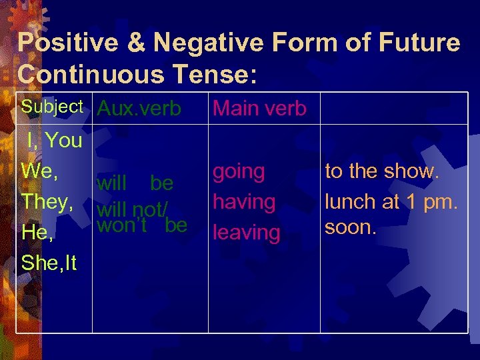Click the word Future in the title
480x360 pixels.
tap(417, 43)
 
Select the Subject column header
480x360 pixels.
tap(52, 107)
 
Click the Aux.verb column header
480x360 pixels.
tap(139, 109)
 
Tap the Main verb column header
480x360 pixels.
tap(259, 108)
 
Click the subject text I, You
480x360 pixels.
tap(54, 140)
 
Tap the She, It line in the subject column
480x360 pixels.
tap(49, 263)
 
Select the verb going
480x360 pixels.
tap(239, 171)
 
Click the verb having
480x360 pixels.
tap(243, 201)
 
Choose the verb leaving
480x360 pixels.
tap(246, 233)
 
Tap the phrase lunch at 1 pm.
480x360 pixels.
tap(391, 200)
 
